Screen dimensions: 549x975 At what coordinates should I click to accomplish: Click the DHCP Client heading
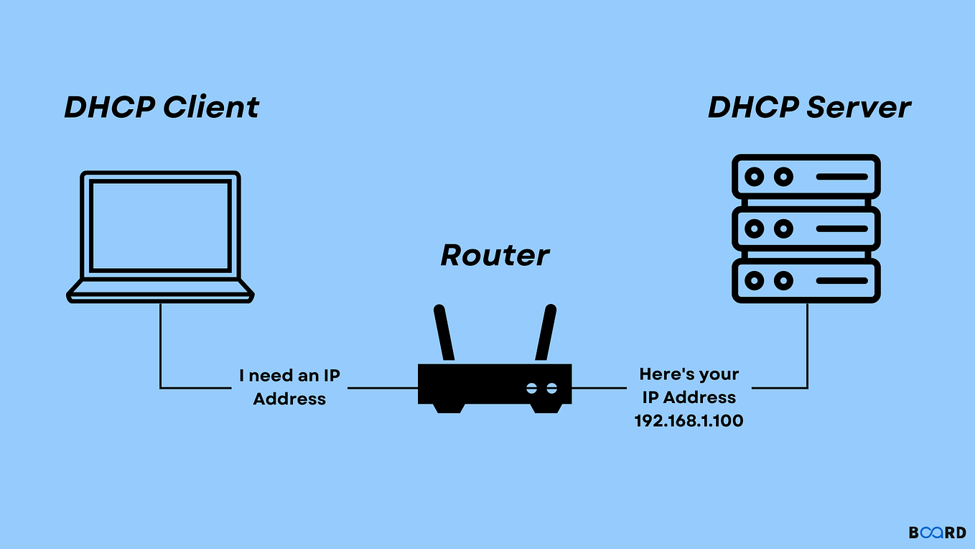pos(162,107)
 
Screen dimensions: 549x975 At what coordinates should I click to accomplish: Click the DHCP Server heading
pos(809,107)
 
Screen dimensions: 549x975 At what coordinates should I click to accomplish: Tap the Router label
pos(495,255)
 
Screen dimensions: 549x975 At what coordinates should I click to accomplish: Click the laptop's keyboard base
pos(160,291)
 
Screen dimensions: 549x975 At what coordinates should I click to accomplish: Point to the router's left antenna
pos(444,333)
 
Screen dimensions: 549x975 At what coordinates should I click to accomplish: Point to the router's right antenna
pos(546,333)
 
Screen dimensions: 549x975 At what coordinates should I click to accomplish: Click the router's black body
pos(495,384)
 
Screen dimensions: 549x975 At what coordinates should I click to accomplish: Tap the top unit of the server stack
pos(806,176)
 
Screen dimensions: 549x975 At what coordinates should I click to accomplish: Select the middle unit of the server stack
pos(806,229)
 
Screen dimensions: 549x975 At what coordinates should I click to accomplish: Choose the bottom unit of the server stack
pos(806,281)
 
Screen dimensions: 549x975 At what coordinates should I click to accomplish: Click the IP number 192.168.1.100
pos(689,421)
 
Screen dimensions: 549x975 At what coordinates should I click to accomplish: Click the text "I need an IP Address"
pos(289,387)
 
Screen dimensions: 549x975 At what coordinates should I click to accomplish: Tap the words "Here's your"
pos(689,374)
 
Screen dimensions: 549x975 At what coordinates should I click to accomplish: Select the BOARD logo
pos(937,532)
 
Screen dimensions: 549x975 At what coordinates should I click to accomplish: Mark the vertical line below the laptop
pos(160,345)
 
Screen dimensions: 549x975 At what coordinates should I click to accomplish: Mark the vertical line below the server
pos(807,345)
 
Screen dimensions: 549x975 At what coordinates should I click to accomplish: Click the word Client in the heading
pos(210,107)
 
